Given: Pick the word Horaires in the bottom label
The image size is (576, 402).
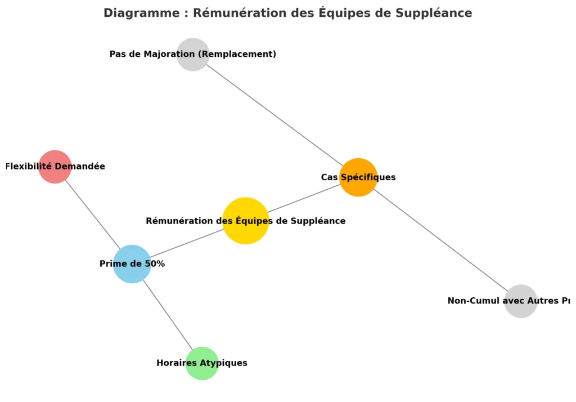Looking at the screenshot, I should [175, 363].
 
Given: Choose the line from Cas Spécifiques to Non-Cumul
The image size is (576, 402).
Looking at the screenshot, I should [444, 243].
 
